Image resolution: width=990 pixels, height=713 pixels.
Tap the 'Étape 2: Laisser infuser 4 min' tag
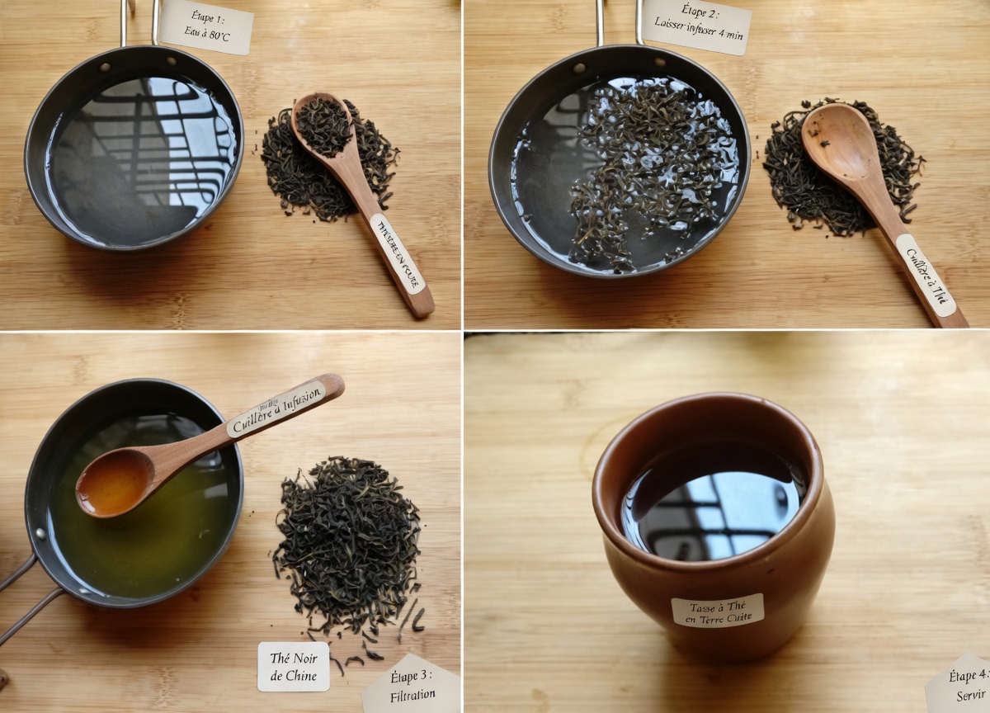[x=696, y=26]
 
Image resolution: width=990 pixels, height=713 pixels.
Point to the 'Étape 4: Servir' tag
[x=961, y=685]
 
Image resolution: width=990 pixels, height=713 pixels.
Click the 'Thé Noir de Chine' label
[x=293, y=667]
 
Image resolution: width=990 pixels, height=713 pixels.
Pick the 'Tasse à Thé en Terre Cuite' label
[x=717, y=611]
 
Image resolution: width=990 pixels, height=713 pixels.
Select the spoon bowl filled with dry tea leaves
[x=323, y=125]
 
